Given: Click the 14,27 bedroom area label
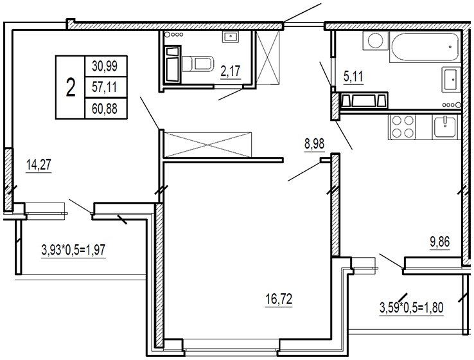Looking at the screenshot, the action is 39,165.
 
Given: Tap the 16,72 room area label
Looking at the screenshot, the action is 279,300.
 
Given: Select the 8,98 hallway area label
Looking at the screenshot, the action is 314,144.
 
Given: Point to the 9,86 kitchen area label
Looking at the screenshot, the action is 440,242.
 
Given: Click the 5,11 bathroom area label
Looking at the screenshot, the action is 353,77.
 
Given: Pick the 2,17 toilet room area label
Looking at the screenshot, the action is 231,71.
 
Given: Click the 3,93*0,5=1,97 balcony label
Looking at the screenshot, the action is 73,251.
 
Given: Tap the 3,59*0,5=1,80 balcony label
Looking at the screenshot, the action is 412,308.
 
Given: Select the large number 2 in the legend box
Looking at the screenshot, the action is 71,87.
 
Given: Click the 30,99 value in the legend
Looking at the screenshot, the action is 105,66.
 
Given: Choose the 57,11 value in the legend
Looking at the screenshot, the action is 105,87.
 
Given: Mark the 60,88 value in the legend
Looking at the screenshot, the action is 105,109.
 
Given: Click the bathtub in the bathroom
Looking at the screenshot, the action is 425,48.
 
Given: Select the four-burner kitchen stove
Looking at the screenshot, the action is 402,127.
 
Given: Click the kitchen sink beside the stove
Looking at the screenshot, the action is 444,127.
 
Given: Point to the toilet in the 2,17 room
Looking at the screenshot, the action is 198,64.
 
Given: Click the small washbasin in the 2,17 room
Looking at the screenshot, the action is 231,37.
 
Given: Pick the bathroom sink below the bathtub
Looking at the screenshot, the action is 452,80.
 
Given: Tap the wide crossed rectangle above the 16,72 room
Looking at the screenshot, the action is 207,144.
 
